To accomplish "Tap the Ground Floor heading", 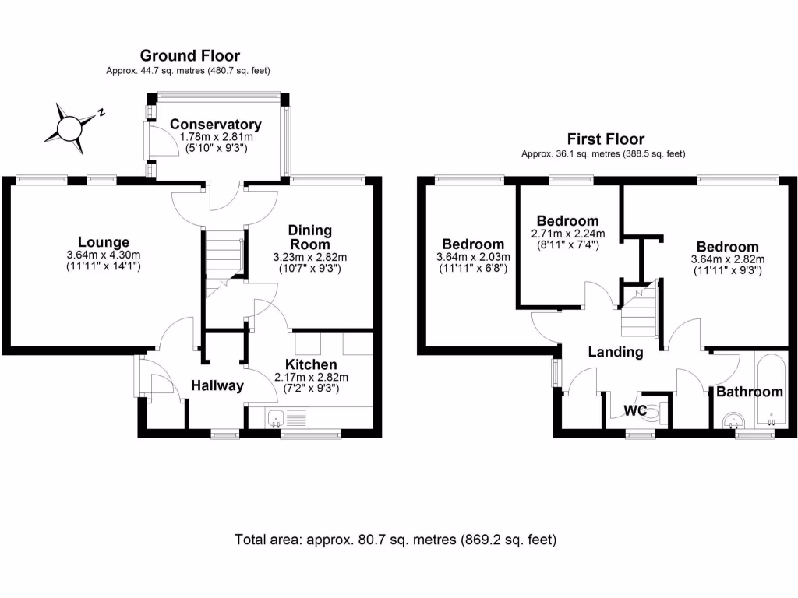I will coord(189,55).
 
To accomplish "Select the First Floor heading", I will coord(606,139).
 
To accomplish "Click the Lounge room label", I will coord(103,242).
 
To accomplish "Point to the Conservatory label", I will coord(216,125).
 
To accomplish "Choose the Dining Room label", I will coord(310,237).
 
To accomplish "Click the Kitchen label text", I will coord(311,364).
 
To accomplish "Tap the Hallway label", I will coord(218,385).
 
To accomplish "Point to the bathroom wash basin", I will coord(732,421).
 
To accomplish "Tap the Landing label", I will coord(616,352).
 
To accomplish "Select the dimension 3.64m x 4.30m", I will coord(103,256).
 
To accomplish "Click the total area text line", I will coord(396,539).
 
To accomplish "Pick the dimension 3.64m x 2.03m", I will coord(473,257).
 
